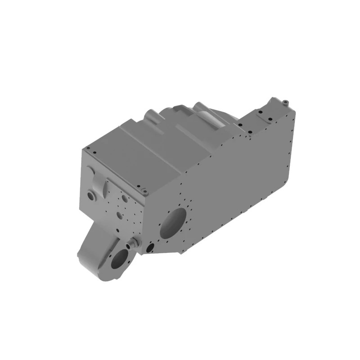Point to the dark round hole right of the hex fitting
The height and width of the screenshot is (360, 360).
150,247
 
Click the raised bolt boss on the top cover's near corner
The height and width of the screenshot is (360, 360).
144,192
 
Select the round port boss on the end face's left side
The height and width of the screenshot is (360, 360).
92,196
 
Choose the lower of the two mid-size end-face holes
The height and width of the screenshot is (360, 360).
119,216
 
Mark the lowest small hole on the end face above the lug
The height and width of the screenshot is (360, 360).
118,231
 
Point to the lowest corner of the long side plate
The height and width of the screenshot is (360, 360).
181,252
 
